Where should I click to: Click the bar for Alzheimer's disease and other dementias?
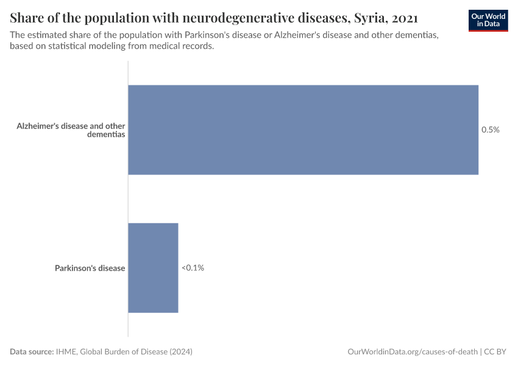click(303, 130)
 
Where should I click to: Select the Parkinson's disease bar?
click(153, 268)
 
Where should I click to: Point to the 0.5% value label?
click(491, 130)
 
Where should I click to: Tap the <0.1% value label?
click(193, 268)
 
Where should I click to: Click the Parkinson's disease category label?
click(90, 268)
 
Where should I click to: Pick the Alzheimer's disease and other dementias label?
click(71, 130)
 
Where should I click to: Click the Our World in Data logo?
click(488, 20)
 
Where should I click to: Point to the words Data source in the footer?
click(31, 352)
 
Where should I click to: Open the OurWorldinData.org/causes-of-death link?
click(412, 352)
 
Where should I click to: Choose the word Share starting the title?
click(27, 16)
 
